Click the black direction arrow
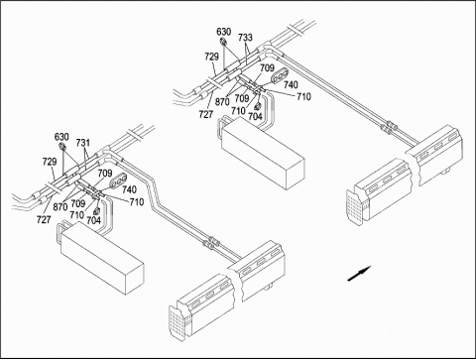tap(359, 274)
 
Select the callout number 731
tap(83, 143)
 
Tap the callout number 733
tap(245, 38)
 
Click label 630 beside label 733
tap(224, 32)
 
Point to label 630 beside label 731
tap(61, 137)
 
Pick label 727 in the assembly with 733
tap(206, 114)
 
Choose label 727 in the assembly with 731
tap(44, 219)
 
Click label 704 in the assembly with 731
tap(93, 220)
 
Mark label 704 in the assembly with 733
tap(255, 116)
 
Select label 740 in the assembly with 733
tap(291, 85)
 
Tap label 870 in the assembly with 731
tap(60, 207)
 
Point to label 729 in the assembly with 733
tap(211, 57)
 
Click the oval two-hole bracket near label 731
tap(117, 180)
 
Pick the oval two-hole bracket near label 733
tap(280, 75)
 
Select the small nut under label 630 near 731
tap(61, 147)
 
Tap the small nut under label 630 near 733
tap(223, 42)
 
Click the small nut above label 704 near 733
tap(259, 106)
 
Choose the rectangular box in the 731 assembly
tap(101, 257)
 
